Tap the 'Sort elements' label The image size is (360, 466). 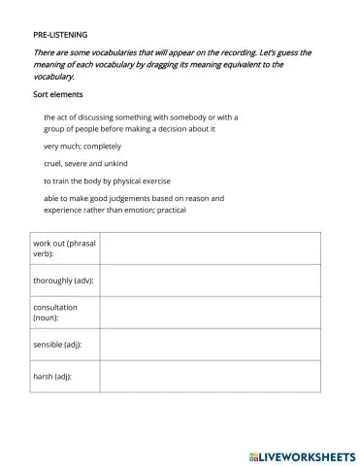[58, 94]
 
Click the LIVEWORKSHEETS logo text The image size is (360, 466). [309, 454]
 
